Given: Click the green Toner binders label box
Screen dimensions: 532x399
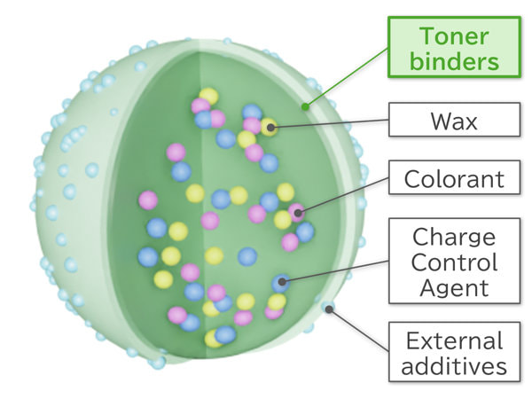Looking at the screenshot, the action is [454, 47].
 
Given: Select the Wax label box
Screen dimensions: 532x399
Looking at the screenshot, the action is [454, 120].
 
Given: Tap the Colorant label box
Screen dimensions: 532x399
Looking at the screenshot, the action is [454, 177].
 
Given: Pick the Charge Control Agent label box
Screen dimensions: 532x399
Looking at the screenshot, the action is [454, 261].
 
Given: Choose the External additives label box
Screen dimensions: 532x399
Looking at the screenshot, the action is [454, 352].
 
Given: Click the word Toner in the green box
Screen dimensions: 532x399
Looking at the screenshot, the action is [454, 36].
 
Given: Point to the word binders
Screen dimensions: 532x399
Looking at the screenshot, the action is [454, 61].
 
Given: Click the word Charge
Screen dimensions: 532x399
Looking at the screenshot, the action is [454, 238].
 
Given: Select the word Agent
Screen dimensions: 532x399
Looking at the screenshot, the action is [454, 288].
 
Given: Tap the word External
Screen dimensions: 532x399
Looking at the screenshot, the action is [454, 340].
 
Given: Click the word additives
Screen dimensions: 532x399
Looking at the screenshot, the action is [454, 365].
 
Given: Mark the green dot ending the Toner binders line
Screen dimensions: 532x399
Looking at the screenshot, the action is [305, 107].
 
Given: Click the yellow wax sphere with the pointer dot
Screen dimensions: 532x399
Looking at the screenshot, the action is [270, 127].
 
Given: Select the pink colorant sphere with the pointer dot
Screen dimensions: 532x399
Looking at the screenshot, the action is [296, 213].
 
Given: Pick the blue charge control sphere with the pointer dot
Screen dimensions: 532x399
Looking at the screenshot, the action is [281, 283].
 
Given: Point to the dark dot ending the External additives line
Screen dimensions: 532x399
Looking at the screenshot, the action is [329, 309].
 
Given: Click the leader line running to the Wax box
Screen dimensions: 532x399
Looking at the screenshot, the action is [330, 123].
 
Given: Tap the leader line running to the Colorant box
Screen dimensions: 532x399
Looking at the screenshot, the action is [343, 195].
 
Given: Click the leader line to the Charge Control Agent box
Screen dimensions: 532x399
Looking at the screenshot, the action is [335, 271].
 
